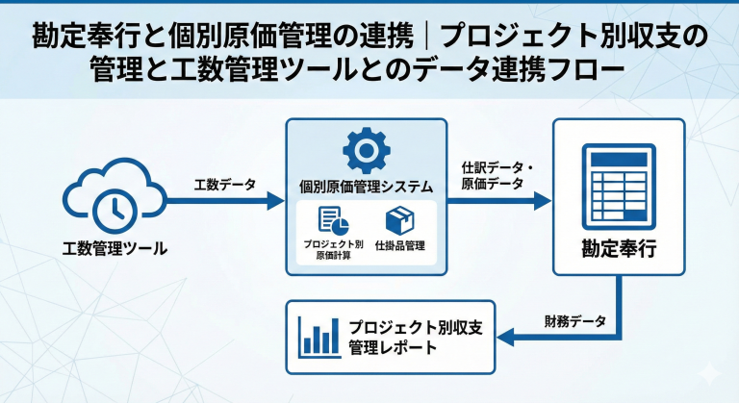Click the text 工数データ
pyautogui.click(x=224, y=184)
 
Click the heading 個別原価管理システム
pyautogui.click(x=366, y=186)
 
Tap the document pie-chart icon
pyautogui.click(x=332, y=220)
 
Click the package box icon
pyautogui.click(x=399, y=220)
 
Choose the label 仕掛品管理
pyautogui.click(x=400, y=245)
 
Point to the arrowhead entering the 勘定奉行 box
pyautogui.click(x=543, y=201)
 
